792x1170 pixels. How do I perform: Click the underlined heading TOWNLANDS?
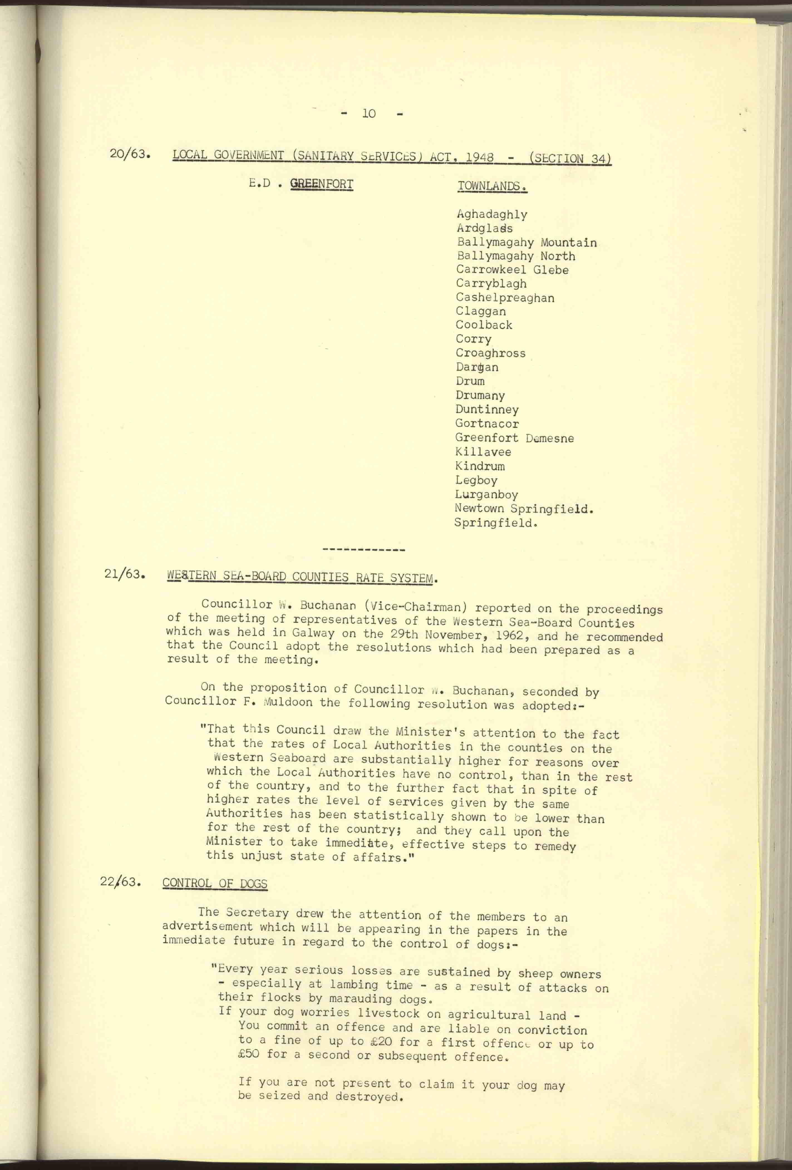492,186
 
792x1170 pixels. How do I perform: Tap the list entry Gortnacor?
487,423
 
